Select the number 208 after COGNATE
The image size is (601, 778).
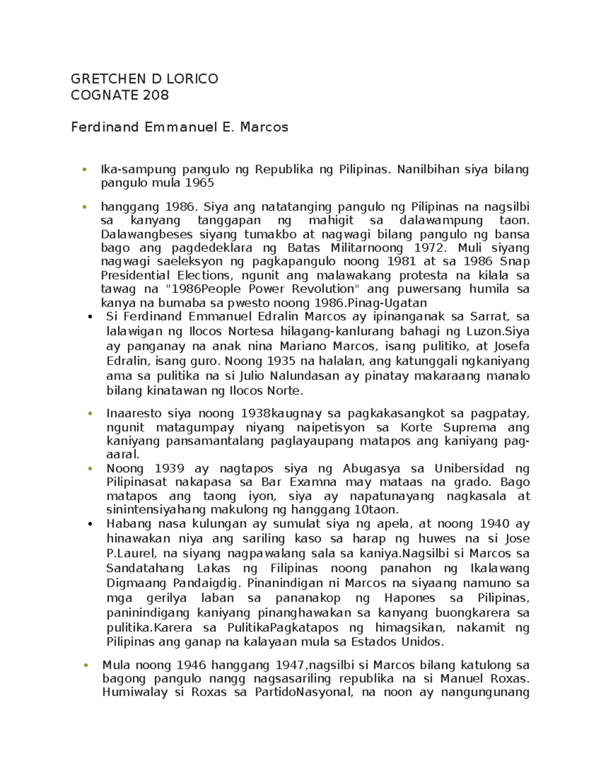point(156,95)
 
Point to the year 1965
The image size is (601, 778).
point(199,183)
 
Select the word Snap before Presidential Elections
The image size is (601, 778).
point(514,262)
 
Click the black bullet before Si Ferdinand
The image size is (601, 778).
point(90,317)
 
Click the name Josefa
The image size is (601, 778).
point(511,346)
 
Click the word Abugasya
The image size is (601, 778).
point(371,468)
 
